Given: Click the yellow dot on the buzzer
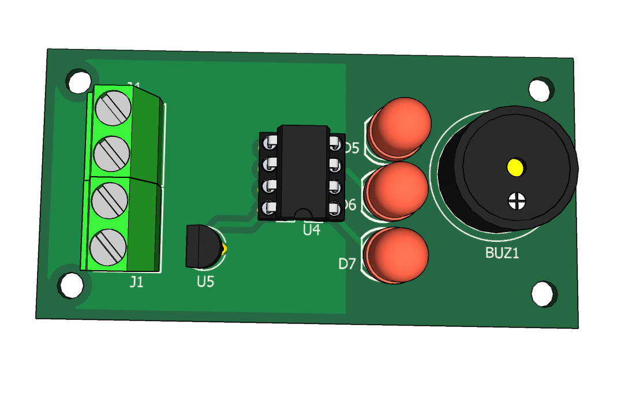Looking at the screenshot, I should (515, 167).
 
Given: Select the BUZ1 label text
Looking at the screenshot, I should (502, 253).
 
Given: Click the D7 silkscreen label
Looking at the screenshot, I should (347, 264).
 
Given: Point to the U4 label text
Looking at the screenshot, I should (311, 230).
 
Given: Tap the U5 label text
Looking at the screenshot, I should (205, 282).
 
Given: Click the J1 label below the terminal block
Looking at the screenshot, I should (136, 282).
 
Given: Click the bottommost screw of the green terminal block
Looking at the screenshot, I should (108, 247).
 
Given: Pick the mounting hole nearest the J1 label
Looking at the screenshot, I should (72, 285).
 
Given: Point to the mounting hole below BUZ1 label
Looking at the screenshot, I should (543, 293).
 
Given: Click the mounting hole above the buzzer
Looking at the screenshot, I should (541, 88).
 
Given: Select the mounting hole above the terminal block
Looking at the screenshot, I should (78, 81).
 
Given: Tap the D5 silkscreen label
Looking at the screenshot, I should (350, 148).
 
